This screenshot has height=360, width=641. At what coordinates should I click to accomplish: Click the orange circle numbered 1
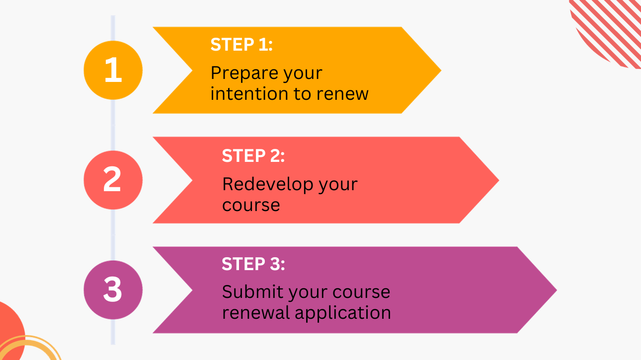(x=113, y=70)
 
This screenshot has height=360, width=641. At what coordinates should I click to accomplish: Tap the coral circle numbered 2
(x=113, y=180)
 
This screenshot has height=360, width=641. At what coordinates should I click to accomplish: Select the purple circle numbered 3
(x=113, y=289)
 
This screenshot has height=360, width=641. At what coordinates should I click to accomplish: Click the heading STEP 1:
(x=241, y=45)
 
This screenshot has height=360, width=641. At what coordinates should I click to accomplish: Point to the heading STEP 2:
(x=253, y=155)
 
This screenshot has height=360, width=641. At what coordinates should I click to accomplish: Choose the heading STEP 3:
(x=253, y=264)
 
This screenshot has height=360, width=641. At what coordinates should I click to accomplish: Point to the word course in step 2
(x=251, y=205)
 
